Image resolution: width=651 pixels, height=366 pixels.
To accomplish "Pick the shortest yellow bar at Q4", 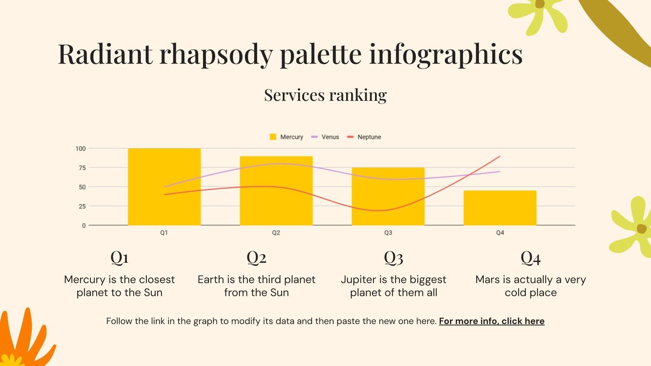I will click(x=500, y=208).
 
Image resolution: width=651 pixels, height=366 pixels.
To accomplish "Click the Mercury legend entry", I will click(x=286, y=137).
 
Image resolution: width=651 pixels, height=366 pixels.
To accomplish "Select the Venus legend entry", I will click(x=325, y=137).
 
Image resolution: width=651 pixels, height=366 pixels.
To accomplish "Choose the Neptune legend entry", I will click(x=364, y=137).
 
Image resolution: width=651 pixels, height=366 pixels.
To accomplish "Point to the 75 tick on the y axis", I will click(x=82, y=168).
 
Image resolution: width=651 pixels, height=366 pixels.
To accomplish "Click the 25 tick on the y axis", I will click(x=82, y=206).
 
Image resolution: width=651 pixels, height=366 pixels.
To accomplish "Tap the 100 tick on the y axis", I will click(x=81, y=148).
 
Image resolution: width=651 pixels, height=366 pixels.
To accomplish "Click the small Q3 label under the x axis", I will click(x=388, y=233).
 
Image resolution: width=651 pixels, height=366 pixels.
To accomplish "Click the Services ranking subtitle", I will click(x=325, y=95).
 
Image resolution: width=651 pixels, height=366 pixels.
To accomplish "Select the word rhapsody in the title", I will click(x=216, y=54).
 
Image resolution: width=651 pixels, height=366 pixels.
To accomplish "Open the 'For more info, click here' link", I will click(x=492, y=321).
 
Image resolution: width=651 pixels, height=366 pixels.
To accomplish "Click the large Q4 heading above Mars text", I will click(x=531, y=257).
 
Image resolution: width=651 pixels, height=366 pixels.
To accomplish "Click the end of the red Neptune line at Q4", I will click(x=499, y=157).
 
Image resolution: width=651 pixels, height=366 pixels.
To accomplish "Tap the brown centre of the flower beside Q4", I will click(x=641, y=229).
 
